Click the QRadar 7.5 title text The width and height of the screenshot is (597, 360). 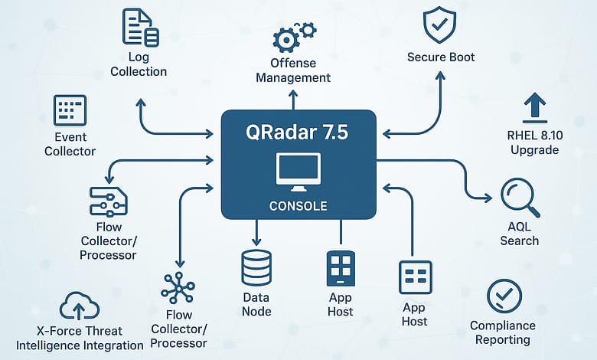pyautogui.click(x=298, y=133)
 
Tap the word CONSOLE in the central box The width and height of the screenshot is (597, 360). pyautogui.click(x=298, y=206)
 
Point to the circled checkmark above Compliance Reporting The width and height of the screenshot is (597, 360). pyautogui.click(x=504, y=296)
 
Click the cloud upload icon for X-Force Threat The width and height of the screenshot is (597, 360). pyautogui.click(x=79, y=306)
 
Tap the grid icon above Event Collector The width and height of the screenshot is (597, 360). pyautogui.click(x=70, y=110)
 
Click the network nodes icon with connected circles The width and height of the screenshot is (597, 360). pyautogui.click(x=178, y=288)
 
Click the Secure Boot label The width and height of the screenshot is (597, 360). pyautogui.click(x=441, y=57)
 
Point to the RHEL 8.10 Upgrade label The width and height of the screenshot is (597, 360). pyautogui.click(x=534, y=143)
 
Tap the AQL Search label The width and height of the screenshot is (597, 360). pyautogui.click(x=520, y=234)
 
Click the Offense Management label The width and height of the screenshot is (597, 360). pyautogui.click(x=293, y=70)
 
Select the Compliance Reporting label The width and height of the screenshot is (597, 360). pyautogui.click(x=503, y=332)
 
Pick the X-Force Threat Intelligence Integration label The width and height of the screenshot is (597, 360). pyautogui.click(x=80, y=339)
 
